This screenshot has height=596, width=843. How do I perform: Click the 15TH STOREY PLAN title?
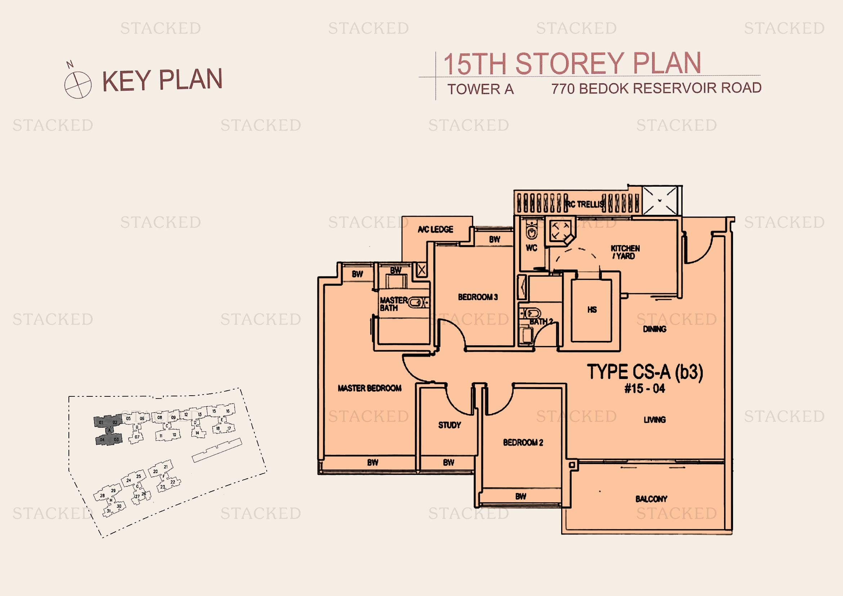point(572,63)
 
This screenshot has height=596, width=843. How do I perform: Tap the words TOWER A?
point(480,89)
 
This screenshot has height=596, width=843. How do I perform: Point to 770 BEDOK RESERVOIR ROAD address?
point(656,88)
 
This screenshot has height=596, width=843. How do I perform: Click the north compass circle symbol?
point(78,85)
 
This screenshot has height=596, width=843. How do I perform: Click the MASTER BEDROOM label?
point(369,388)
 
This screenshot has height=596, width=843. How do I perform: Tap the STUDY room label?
point(449,425)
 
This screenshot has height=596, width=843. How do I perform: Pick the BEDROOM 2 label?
point(523,442)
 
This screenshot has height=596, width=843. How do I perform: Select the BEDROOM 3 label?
point(478,297)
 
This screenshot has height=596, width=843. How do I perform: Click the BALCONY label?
point(651,499)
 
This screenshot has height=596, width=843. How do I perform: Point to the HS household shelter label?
point(592,310)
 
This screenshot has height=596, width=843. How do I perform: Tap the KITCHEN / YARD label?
point(625,252)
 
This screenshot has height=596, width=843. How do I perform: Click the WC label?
point(531,248)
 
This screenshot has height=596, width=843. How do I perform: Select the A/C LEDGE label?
point(435,230)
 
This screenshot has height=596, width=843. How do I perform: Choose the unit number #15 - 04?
point(644,388)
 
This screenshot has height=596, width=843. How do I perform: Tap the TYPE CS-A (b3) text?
point(645,372)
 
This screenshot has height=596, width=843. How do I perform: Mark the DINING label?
point(654,329)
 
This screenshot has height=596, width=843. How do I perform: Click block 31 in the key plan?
point(109,511)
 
